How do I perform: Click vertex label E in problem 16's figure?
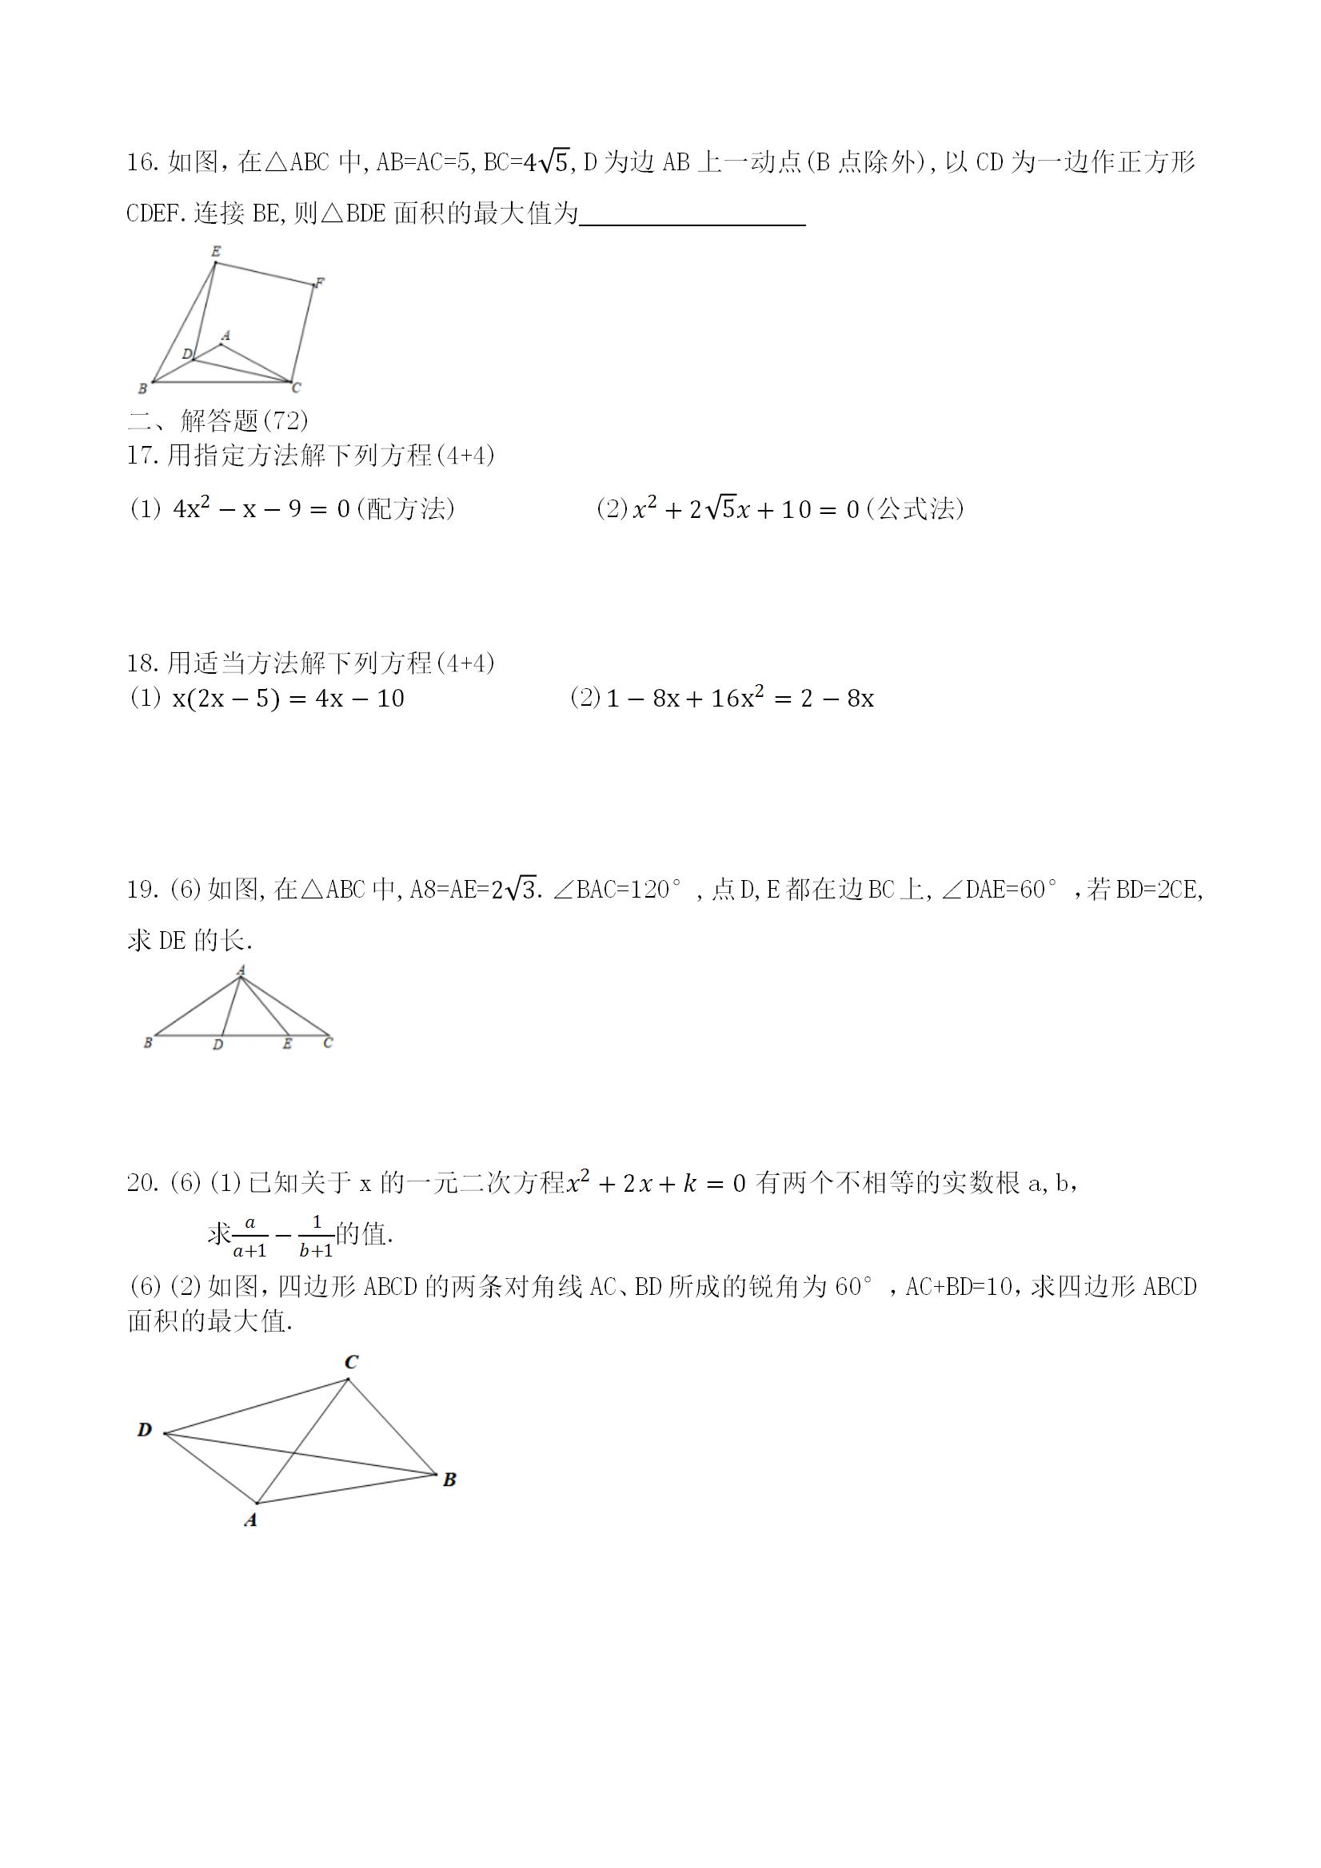216,252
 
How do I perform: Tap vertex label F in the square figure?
320,282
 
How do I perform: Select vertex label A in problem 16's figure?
226,335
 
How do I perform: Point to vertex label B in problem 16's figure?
142,389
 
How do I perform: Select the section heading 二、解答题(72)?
218,420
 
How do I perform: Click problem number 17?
142,456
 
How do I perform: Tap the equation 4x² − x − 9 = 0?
261,509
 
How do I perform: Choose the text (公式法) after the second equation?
915,509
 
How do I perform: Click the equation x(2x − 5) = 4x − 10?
288,699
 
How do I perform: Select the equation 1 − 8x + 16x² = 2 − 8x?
740,699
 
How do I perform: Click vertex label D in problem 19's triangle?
218,1045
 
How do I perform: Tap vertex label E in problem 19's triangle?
287,1044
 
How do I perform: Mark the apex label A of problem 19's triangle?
241,970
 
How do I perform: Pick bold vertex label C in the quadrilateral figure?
352,1362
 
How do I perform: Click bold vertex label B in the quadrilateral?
449,1480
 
